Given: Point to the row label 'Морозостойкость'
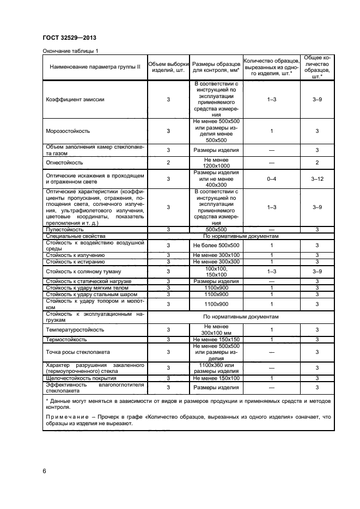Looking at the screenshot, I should click(68, 131).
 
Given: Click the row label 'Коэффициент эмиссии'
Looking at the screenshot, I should click(75, 100).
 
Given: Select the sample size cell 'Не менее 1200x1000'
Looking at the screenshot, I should click(216, 162).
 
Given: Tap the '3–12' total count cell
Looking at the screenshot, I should click(317, 179).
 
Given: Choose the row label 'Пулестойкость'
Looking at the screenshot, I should click(65, 230).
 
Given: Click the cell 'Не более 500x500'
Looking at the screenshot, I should click(216, 246).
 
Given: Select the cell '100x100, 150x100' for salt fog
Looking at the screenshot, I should click(216, 271).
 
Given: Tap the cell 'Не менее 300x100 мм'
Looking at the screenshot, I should click(216, 330).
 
